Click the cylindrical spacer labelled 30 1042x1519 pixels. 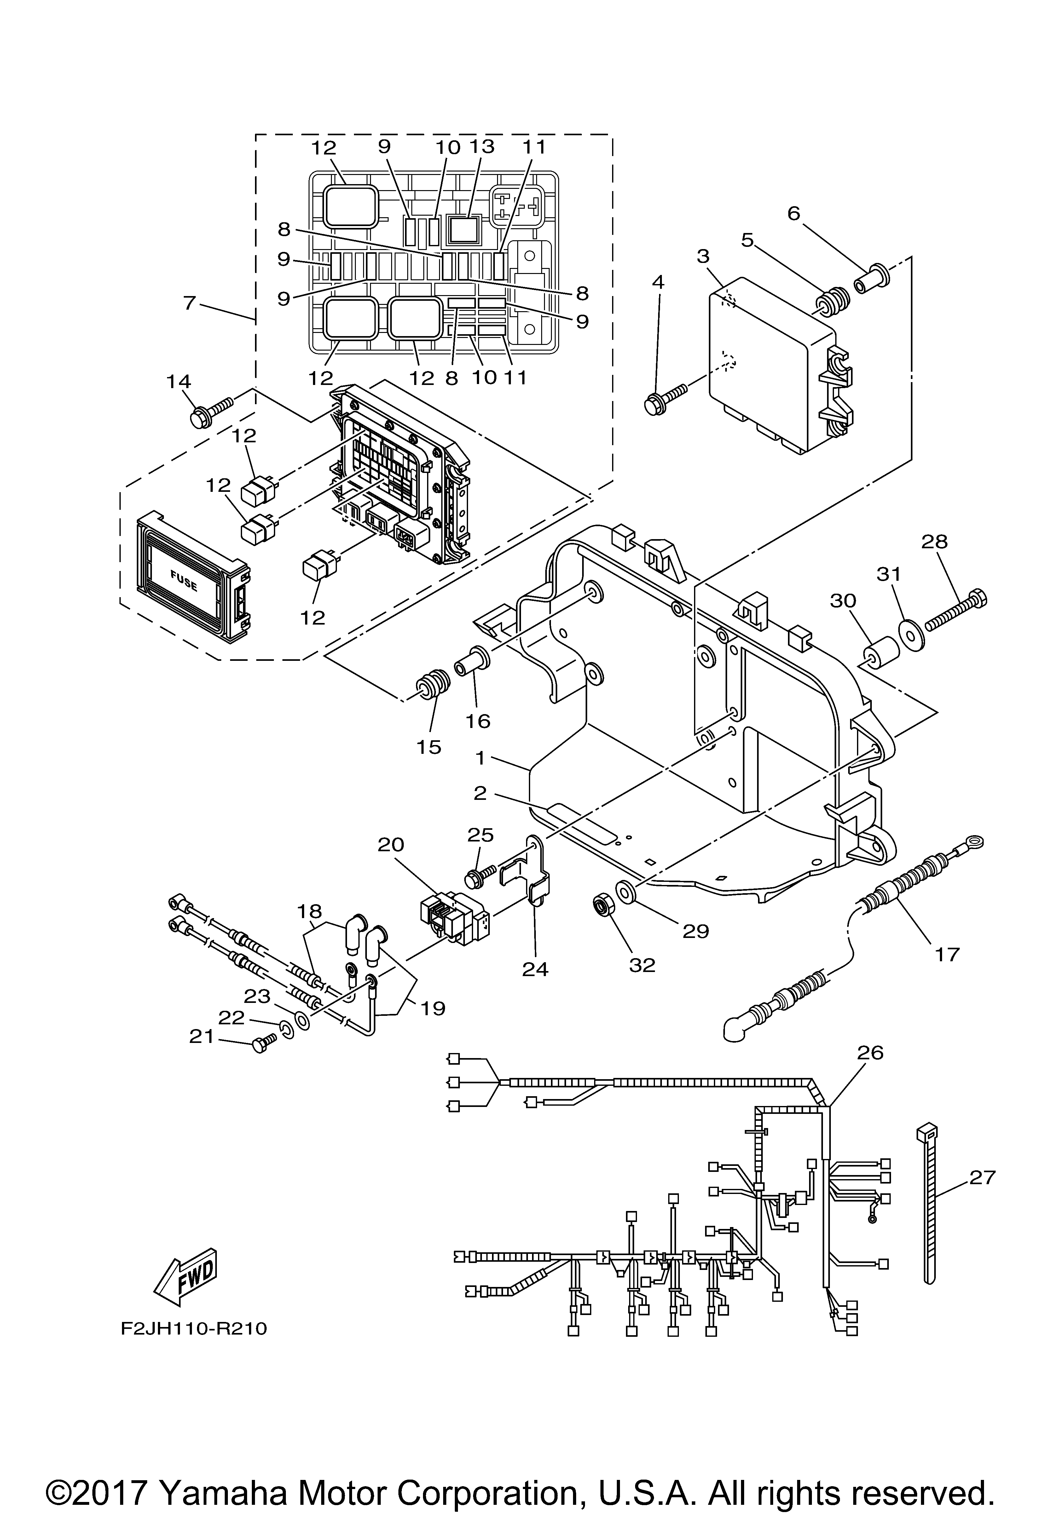tap(879, 655)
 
